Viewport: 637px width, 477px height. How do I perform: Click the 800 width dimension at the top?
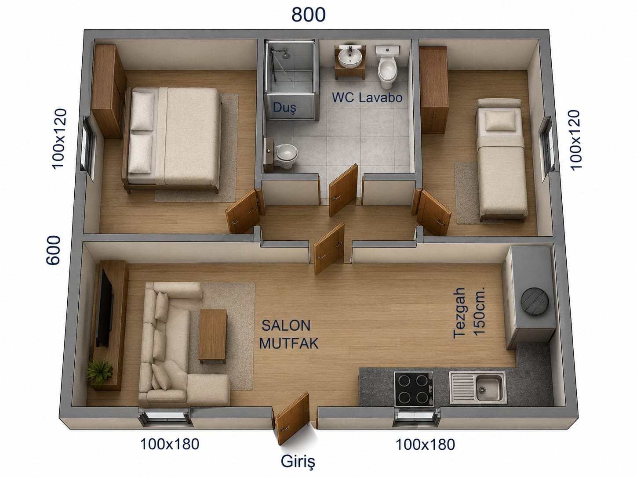point(308,14)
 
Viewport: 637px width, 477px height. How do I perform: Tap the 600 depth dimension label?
point(53,250)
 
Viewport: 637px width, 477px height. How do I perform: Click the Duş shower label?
point(284,108)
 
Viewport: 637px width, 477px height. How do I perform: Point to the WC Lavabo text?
point(367,98)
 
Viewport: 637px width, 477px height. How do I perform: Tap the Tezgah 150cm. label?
point(469,313)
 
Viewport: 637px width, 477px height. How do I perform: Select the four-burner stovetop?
point(414,389)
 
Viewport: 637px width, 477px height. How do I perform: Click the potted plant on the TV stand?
point(99,372)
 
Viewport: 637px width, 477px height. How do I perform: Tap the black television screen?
point(105,308)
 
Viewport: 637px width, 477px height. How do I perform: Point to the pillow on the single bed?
point(500,120)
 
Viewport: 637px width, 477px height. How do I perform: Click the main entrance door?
point(291,418)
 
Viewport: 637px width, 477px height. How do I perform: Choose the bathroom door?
point(343,190)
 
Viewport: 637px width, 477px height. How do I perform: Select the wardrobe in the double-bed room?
point(109,91)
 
